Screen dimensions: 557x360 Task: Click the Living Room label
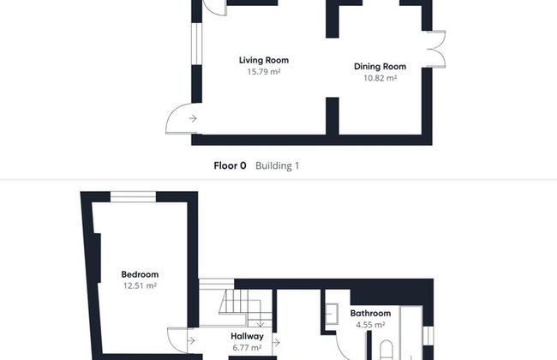click(x=264, y=60)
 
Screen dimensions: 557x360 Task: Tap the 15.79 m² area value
click(x=264, y=72)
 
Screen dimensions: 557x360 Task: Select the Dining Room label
click(x=380, y=67)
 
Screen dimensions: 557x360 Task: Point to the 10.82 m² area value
click(x=380, y=78)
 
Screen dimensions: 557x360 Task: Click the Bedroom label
click(x=140, y=274)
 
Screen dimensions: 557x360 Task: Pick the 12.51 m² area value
click(x=140, y=285)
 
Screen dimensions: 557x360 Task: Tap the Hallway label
click(x=248, y=336)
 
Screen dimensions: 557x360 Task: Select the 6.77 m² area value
click(x=248, y=347)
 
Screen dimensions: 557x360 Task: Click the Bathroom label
click(x=370, y=314)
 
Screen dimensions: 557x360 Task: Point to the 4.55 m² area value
click(x=370, y=325)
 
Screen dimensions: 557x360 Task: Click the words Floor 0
click(x=230, y=166)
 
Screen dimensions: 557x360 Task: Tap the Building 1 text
click(x=277, y=166)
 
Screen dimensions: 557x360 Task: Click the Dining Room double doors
click(x=436, y=50)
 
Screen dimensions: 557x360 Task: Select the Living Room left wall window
click(x=196, y=44)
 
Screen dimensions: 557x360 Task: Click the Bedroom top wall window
click(x=133, y=197)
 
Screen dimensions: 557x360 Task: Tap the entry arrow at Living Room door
click(x=193, y=118)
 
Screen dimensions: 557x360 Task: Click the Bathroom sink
click(x=332, y=315)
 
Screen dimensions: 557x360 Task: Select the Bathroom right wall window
click(x=428, y=336)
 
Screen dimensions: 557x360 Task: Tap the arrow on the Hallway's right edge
click(x=276, y=343)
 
